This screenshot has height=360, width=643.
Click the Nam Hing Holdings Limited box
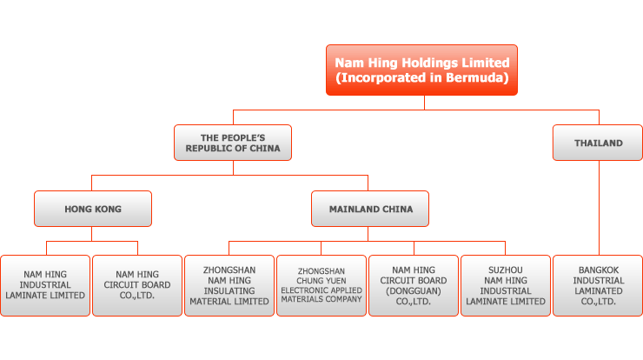[x=421, y=70]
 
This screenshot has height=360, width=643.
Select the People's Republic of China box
[x=233, y=143]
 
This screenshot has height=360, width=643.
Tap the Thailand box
[x=598, y=143]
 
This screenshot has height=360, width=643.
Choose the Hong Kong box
[x=93, y=209]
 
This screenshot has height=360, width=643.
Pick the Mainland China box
[x=370, y=209]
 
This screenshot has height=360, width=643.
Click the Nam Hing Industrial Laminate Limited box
[x=45, y=286]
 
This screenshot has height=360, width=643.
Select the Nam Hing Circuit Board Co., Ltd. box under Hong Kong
[x=137, y=286]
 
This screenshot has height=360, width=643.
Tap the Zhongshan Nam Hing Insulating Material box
[x=229, y=286]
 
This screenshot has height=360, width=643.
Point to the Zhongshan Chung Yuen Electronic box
[x=321, y=286]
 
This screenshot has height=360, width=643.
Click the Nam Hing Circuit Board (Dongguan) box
[x=414, y=286]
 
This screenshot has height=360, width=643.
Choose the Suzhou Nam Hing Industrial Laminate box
[x=506, y=286]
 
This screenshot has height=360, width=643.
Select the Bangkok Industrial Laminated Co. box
[x=598, y=286]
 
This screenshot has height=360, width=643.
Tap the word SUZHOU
[x=506, y=270]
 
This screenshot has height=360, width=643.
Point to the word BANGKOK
[x=599, y=270]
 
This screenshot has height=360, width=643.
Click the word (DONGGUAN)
[x=414, y=291]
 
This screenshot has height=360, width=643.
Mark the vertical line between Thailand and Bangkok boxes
[x=600, y=208]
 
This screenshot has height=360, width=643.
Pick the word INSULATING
[x=229, y=291]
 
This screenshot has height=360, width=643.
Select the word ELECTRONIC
[x=301, y=290]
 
